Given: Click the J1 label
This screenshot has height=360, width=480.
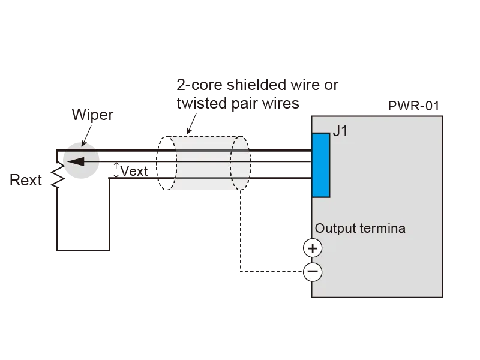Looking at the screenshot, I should (x=340, y=130).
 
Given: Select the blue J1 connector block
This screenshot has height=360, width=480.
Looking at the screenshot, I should (x=321, y=165).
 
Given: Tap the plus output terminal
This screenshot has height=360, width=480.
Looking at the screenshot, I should (x=313, y=248).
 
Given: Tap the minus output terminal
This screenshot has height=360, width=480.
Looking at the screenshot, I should (x=313, y=272).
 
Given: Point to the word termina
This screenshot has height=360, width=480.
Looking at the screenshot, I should (x=382, y=229).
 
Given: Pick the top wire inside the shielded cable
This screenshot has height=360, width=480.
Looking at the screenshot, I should (x=204, y=150).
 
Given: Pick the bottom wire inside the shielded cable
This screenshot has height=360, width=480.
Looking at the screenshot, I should (x=204, y=178).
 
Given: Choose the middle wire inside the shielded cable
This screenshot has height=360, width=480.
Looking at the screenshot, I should (x=204, y=161).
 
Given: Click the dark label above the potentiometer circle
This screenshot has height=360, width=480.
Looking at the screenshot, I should (x=93, y=114).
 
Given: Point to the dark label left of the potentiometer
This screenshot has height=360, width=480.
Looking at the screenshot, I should (x=26, y=179).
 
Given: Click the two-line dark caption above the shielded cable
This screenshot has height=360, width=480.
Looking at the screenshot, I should (x=255, y=94).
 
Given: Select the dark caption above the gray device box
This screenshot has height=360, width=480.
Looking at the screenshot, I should (x=415, y=106).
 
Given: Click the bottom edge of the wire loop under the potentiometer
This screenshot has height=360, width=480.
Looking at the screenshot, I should (x=83, y=251).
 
